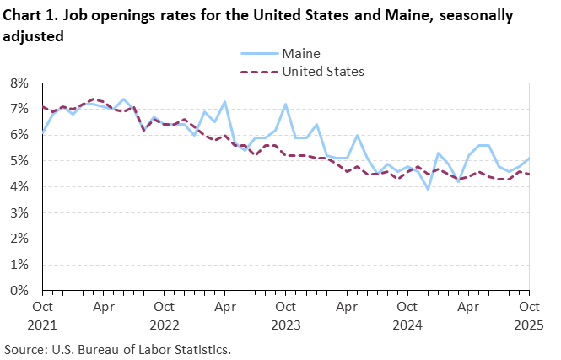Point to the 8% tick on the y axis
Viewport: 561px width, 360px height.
pyautogui.click(x=20, y=83)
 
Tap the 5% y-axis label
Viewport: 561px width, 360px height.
pyautogui.click(x=20, y=161)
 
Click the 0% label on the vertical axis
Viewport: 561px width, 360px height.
pyautogui.click(x=20, y=291)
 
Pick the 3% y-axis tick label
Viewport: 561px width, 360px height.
pyautogui.click(x=20, y=213)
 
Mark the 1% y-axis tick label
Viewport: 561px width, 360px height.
pyautogui.click(x=20, y=265)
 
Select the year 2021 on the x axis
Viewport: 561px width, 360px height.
pyautogui.click(x=42, y=323)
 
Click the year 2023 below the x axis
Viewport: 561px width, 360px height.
pyautogui.click(x=285, y=323)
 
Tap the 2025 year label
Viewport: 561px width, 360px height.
pyautogui.click(x=529, y=323)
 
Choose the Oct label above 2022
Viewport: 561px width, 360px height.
pyautogui.click(x=164, y=307)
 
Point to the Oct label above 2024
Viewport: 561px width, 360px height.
pyautogui.click(x=407, y=307)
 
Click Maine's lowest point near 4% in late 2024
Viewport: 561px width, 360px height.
pyautogui.click(x=428, y=189)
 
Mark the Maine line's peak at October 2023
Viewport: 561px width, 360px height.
pyautogui.click(x=286, y=105)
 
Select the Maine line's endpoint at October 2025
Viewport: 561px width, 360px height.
pyautogui.click(x=529, y=159)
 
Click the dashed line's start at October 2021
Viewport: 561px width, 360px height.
pyautogui.click(x=42, y=107)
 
